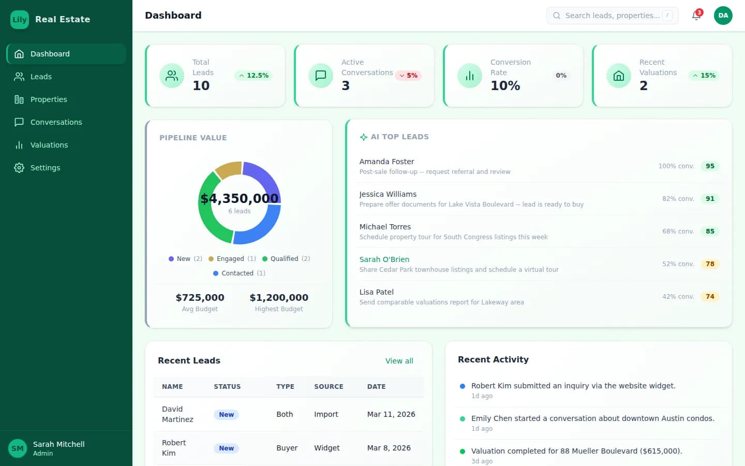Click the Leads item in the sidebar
41,77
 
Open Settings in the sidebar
45,168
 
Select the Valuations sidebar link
49,145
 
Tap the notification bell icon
696,16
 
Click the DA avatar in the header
723,16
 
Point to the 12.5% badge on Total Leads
254,76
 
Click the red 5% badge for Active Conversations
408,76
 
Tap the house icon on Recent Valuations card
618,76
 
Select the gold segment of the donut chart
228,169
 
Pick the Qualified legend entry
286,259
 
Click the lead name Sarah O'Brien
384,259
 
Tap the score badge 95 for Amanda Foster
710,166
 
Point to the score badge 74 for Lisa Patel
710,297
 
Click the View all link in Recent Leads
399,361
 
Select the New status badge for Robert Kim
226,448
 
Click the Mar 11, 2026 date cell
391,414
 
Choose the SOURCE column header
329,387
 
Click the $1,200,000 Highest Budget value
279,298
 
